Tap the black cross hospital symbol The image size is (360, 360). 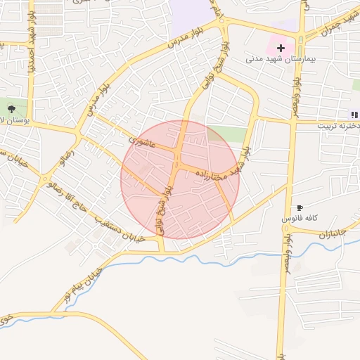point(281,48)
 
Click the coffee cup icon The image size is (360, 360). point(300,208)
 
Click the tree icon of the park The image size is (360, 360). point(13,109)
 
